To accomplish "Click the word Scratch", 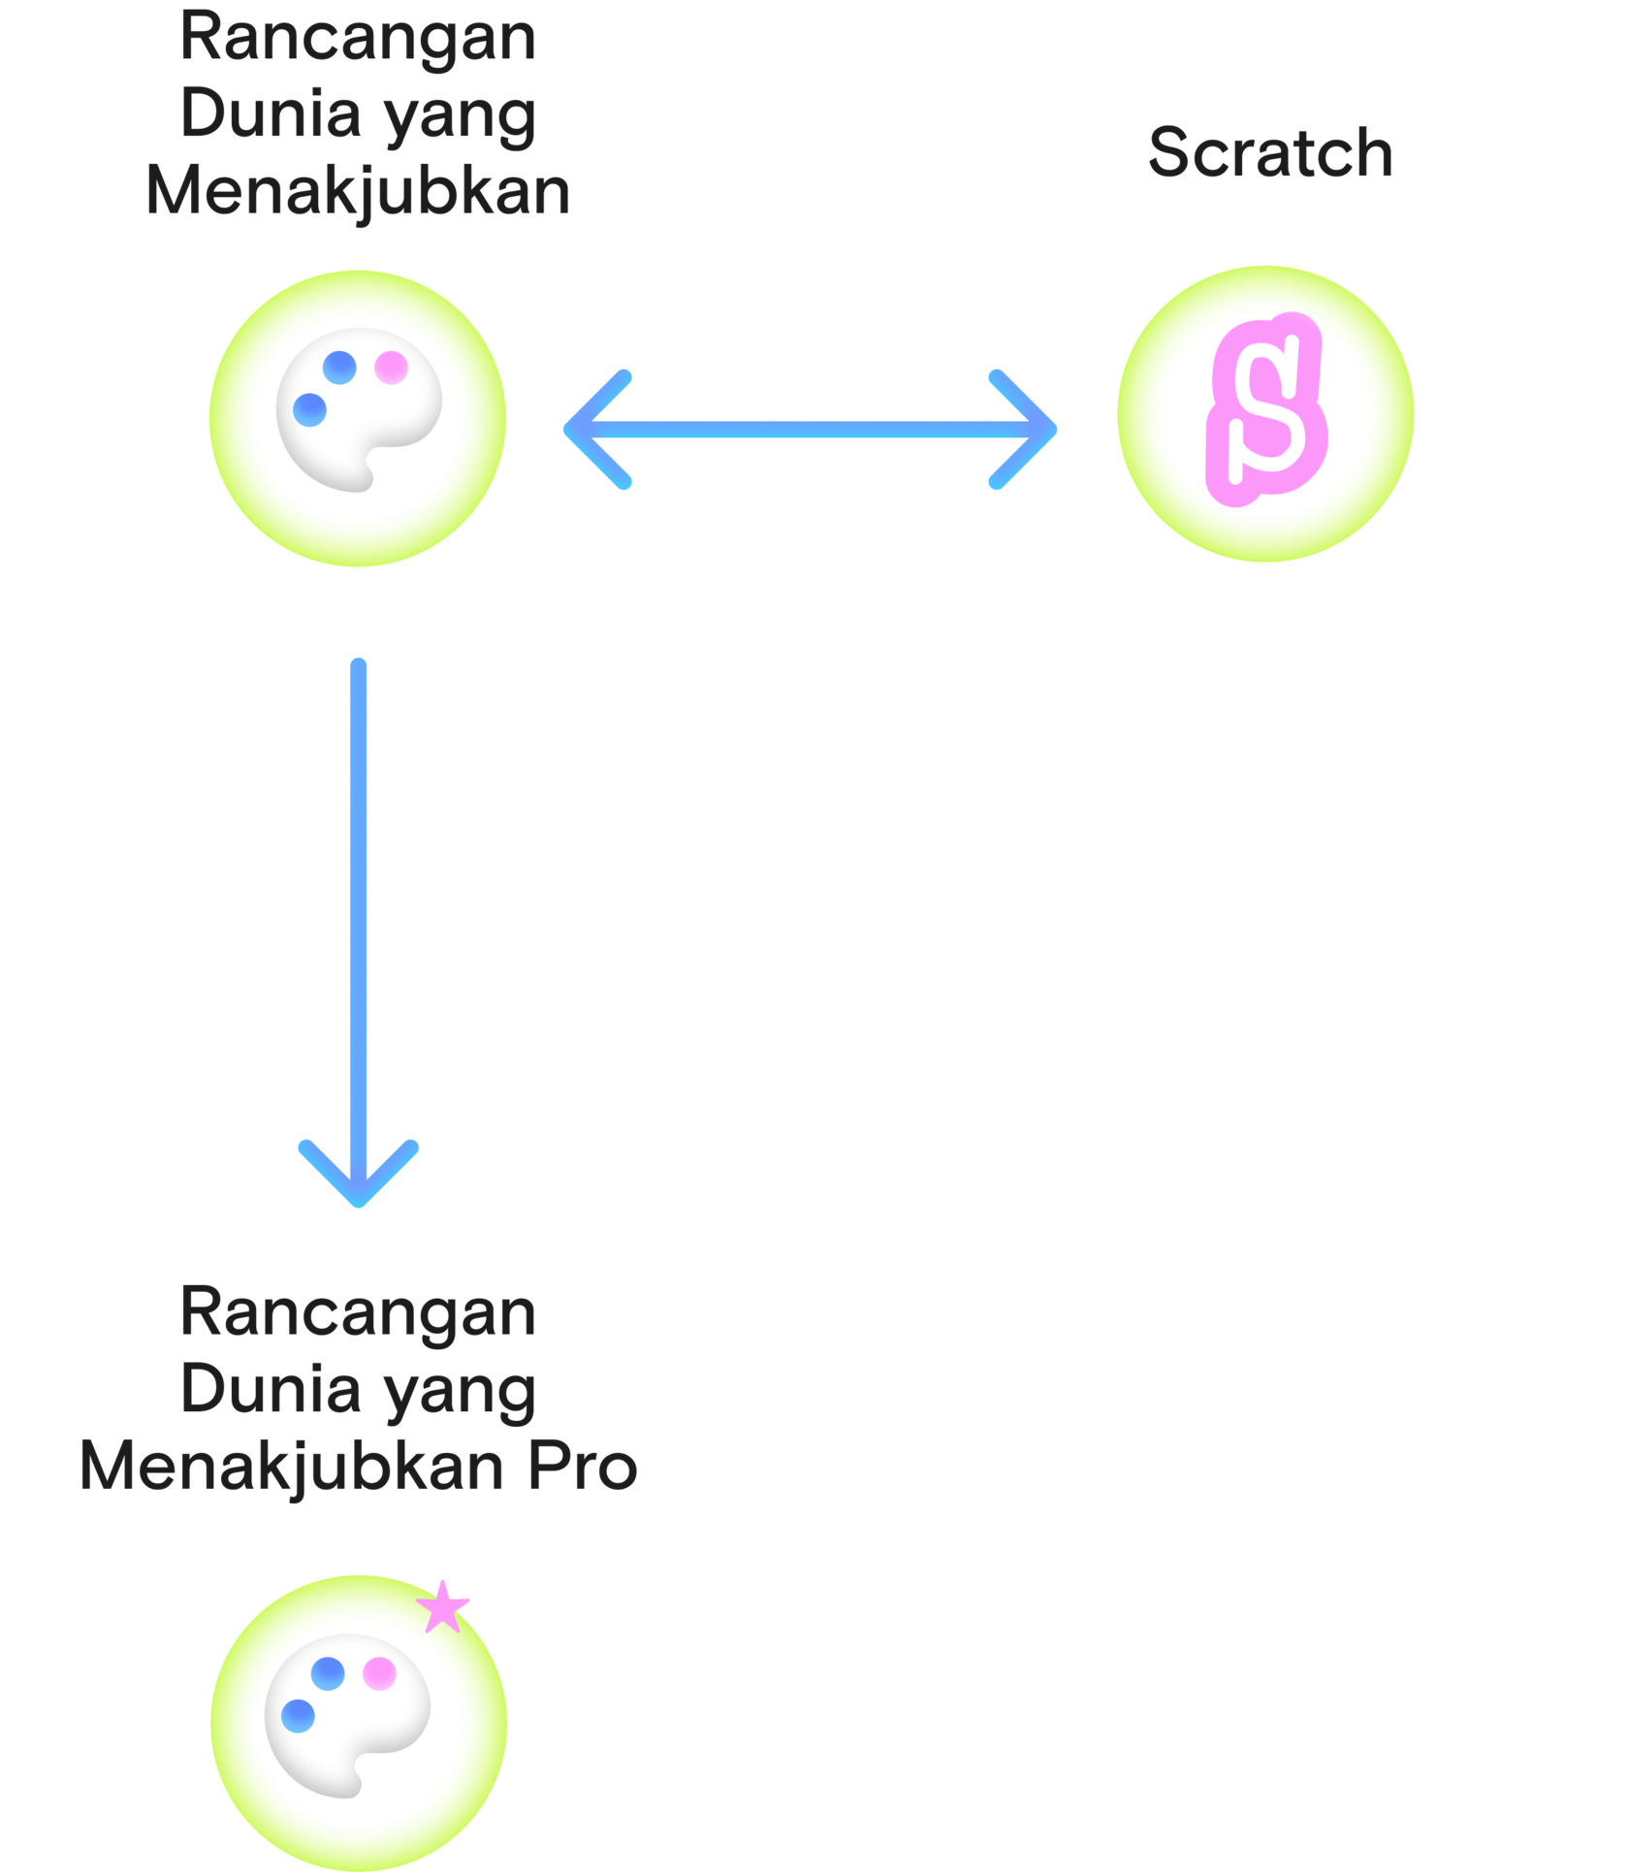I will [1270, 153].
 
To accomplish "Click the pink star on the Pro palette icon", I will [443, 1606].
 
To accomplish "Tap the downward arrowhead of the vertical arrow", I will [359, 1178].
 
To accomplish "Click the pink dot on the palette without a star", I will [391, 368].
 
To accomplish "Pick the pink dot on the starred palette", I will [379, 1673].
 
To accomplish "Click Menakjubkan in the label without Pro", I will [359, 191].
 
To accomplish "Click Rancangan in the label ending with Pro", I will [359, 1313].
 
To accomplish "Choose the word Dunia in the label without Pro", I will [271, 114].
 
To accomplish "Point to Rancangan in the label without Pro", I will [359, 39].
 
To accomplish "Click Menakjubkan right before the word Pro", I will [292, 1467].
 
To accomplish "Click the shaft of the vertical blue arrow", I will [359, 892].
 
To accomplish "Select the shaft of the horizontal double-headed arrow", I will [811, 430].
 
